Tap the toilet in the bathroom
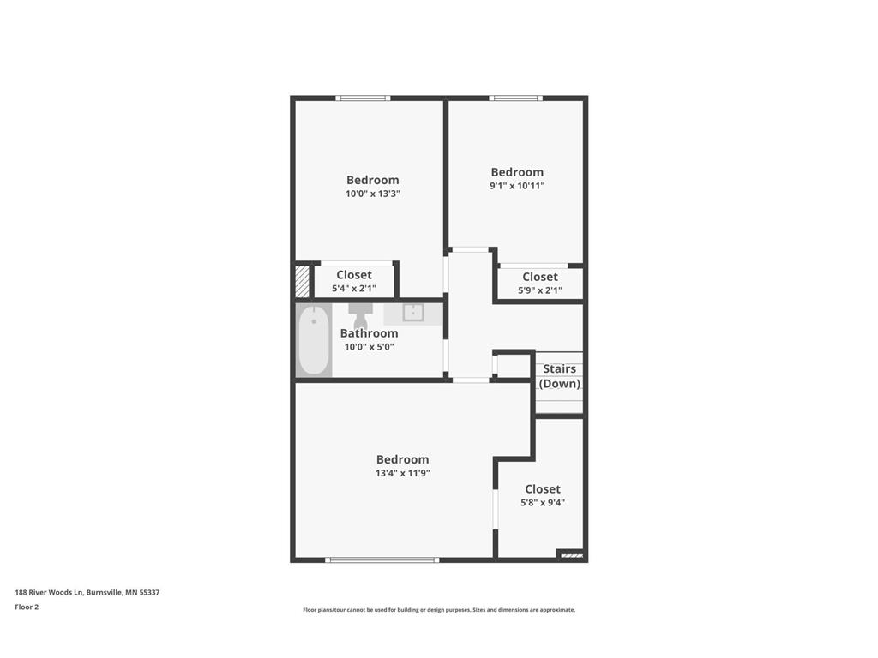pyautogui.click(x=359, y=314)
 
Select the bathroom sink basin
pyautogui.click(x=414, y=313)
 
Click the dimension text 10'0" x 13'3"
pyautogui.click(x=373, y=194)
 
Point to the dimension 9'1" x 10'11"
pyautogui.click(x=517, y=186)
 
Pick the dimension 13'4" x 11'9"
pyautogui.click(x=402, y=473)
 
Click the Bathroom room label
pyautogui.click(x=369, y=333)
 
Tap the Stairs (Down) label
pyautogui.click(x=560, y=376)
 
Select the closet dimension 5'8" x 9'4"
pyautogui.click(x=543, y=503)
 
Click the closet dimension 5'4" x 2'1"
pyautogui.click(x=354, y=289)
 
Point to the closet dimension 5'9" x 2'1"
pyautogui.click(x=540, y=290)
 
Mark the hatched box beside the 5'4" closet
pyautogui.click(x=303, y=281)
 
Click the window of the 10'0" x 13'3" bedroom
pyautogui.click(x=363, y=99)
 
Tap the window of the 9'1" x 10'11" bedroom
pyautogui.click(x=515, y=99)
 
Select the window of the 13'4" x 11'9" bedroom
pyautogui.click(x=382, y=559)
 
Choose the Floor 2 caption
pyautogui.click(x=27, y=607)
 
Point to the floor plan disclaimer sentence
pyautogui.click(x=439, y=610)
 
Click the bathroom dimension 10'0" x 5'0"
pyautogui.click(x=369, y=347)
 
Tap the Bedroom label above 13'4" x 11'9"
pyautogui.click(x=402, y=459)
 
